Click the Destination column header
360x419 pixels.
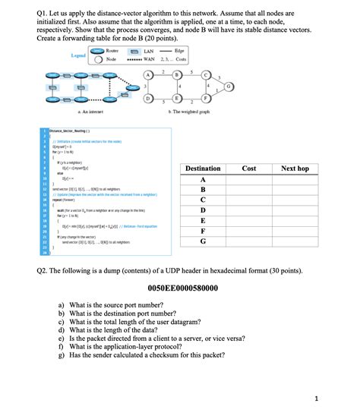[203, 168]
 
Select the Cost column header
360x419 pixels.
[248, 168]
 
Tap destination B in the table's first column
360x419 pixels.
[203, 189]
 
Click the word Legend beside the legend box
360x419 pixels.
[77, 55]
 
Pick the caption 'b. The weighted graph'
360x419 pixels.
[184, 112]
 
